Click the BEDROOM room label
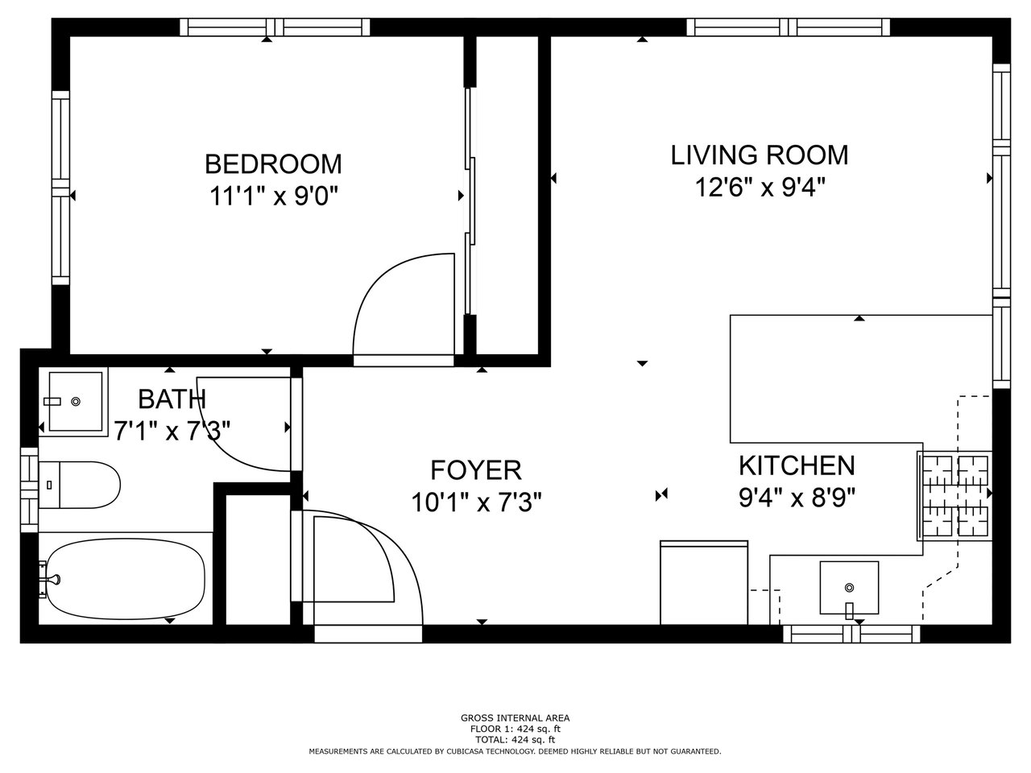(273, 164)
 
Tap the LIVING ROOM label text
(759, 155)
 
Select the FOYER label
(476, 469)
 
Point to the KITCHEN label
(797, 465)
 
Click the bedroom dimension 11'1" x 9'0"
(274, 196)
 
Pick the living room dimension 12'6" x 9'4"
(760, 187)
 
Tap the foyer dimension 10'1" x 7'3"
(476, 502)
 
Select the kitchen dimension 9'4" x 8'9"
(797, 498)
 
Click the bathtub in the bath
(126, 579)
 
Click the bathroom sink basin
(76, 402)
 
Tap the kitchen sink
(849, 588)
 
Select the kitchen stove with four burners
(955, 497)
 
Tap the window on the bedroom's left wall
(60, 188)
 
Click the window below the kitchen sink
(851, 634)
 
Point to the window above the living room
(789, 27)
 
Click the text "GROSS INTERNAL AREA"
(515, 717)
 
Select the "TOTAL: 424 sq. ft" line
(515, 740)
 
